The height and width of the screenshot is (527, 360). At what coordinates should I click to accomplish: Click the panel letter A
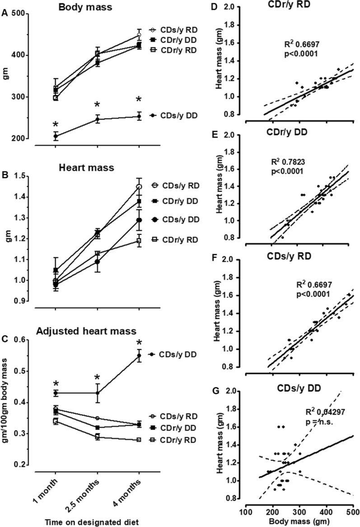point(5,14)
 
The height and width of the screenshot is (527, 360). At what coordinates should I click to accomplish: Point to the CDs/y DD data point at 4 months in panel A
point(139,116)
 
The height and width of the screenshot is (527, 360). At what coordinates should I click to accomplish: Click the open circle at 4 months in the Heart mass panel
point(139,186)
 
